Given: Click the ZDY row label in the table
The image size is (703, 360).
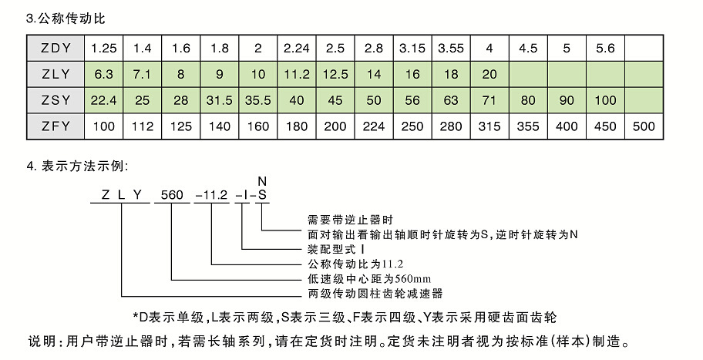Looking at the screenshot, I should tap(55, 48).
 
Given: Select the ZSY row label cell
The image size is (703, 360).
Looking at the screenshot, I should tap(55, 100).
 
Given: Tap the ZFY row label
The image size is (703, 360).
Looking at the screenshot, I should tap(55, 126).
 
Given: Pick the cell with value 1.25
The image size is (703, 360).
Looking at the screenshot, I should tap(104, 48).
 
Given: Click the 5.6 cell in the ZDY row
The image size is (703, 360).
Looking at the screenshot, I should tap(605, 48).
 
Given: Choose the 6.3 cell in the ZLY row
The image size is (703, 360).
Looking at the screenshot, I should tap(104, 74).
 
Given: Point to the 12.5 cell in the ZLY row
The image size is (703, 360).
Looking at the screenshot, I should tap(335, 74).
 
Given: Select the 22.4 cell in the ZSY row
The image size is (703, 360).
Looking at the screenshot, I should tap(104, 100).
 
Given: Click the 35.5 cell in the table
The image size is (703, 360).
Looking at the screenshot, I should tap(258, 100).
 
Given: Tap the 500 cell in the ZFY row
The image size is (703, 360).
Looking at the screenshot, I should tap(644, 126).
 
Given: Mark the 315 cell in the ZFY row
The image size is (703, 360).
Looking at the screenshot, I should tap(489, 126).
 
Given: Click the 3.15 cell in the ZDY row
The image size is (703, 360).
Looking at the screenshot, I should tap(412, 48).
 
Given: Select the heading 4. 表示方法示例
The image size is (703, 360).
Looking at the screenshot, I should tap(77, 166).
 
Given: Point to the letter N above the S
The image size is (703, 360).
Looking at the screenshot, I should tap(262, 181).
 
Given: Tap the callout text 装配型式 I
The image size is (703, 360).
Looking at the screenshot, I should tap(335, 251).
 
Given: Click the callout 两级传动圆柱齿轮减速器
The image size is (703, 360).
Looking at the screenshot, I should tap(375, 293).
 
